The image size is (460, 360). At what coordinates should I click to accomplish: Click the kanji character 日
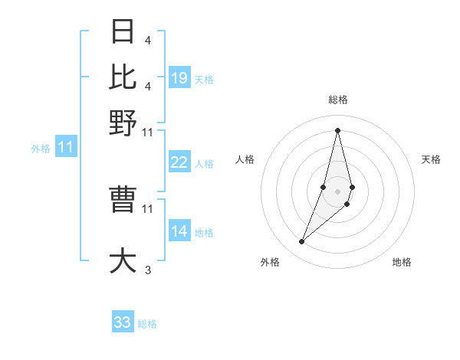tap(123, 32)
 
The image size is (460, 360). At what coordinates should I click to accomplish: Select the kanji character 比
tap(123, 77)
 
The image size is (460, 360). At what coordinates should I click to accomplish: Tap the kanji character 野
tap(123, 122)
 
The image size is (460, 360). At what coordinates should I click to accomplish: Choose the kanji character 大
tap(123, 260)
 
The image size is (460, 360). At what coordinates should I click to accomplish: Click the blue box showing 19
tap(179, 77)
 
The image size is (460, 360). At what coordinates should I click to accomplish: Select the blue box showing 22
tap(179, 162)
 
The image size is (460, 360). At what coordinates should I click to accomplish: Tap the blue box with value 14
tap(179, 231)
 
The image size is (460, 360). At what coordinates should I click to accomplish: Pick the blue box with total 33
tap(123, 322)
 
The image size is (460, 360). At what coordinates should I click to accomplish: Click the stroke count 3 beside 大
tap(147, 270)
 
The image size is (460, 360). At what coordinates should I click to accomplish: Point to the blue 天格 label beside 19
tap(204, 79)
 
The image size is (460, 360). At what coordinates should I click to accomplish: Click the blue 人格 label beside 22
tap(204, 163)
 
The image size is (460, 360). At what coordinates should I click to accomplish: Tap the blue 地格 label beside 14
tap(204, 232)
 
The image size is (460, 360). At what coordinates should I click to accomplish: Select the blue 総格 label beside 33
tap(147, 324)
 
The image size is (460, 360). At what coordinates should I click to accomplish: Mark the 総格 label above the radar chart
tap(337, 100)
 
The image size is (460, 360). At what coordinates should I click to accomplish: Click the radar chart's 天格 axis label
tap(431, 159)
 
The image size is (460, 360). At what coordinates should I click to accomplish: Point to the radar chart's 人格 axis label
tap(245, 159)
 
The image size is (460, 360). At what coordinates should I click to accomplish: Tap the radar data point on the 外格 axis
tap(301, 242)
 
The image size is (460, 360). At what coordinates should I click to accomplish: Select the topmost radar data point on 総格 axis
tap(337, 129)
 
